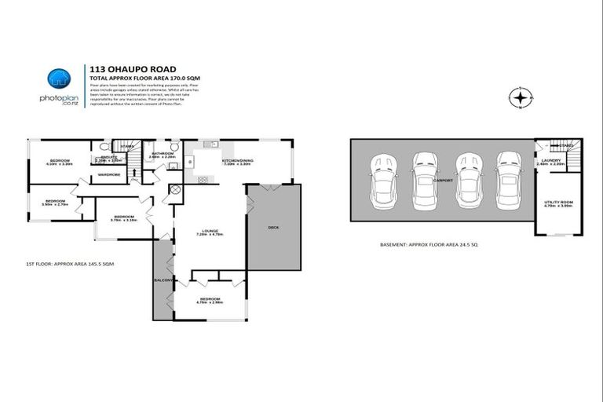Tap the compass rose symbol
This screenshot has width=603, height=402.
(x=519, y=98)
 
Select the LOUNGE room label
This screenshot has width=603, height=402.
(x=208, y=232)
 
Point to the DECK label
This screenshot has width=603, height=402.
(x=273, y=228)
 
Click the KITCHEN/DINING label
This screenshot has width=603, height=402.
(x=236, y=161)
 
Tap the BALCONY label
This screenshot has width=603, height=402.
(x=163, y=280)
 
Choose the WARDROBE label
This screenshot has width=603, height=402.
(x=109, y=174)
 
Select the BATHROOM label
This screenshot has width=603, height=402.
(x=163, y=154)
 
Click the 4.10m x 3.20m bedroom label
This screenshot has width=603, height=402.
(x=60, y=163)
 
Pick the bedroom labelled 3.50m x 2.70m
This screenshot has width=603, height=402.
(x=55, y=203)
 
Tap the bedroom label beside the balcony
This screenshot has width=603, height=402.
(x=209, y=301)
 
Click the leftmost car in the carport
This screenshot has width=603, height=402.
(x=386, y=181)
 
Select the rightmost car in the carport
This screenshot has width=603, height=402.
(x=509, y=181)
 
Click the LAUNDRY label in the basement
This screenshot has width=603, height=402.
(x=550, y=162)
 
